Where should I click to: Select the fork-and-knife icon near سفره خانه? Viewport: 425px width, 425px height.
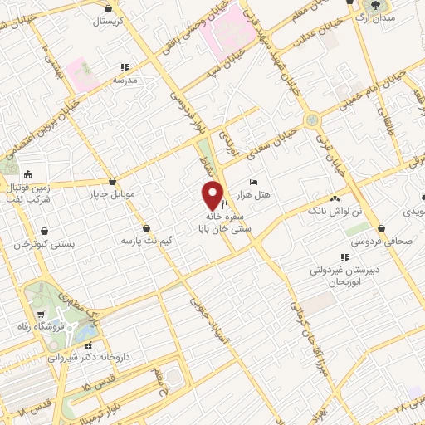click(224, 202)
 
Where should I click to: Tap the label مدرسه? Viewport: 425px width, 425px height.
click(125, 80)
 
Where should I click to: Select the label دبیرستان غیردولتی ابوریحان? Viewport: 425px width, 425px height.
click(346, 276)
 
